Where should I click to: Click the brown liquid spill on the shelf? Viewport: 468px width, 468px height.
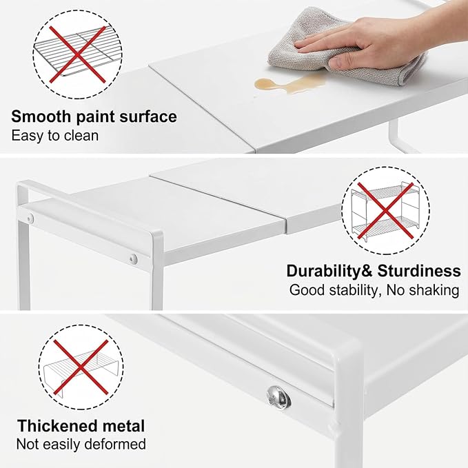pos(287,83)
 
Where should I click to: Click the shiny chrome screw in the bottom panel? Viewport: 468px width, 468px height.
pos(278,397)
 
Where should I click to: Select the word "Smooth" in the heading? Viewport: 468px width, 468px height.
pos(42,116)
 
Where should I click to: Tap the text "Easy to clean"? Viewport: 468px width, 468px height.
pos(55,136)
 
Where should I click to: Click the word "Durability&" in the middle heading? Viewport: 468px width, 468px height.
pos(329,272)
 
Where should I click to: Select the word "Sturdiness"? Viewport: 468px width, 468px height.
pos(419,272)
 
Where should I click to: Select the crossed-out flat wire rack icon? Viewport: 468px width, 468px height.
pos(78,54)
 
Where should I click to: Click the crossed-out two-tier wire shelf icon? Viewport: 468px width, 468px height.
pos(385,211)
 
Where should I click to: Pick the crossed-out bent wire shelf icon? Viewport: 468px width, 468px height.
pos(81,367)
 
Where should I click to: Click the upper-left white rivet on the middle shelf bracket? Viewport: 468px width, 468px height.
pos(30,219)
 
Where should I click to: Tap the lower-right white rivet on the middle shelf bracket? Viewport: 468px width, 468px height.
pos(134,258)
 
